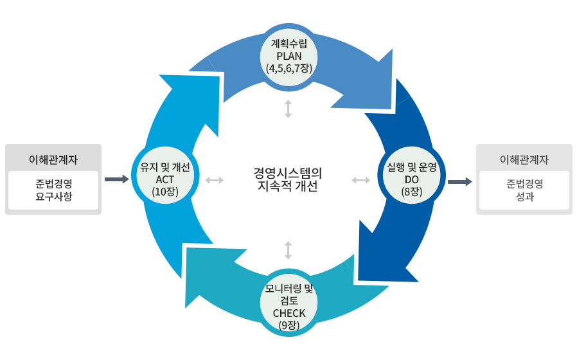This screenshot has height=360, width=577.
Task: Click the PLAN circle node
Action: click(x=288, y=55)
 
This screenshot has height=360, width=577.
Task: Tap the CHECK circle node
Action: click(x=288, y=303)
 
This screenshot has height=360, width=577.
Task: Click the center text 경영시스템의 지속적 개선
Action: click(x=288, y=179)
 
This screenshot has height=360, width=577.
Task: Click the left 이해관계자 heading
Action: click(x=53, y=158)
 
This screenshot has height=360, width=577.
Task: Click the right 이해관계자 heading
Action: click(x=524, y=158)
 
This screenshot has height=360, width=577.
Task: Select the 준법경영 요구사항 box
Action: click(x=53, y=190)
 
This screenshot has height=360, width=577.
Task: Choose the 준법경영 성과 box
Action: click(x=524, y=190)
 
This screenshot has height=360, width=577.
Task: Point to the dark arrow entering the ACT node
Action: click(x=116, y=179)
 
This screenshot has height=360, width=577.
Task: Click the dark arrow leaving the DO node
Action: click(x=459, y=182)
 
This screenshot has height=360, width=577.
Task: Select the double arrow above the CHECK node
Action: click(x=288, y=250)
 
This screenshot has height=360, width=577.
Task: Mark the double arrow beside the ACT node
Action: click(x=214, y=180)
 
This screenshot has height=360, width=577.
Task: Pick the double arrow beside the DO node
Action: click(x=361, y=180)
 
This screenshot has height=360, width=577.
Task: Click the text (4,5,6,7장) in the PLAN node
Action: click(x=288, y=67)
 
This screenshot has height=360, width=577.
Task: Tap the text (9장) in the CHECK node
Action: click(x=288, y=325)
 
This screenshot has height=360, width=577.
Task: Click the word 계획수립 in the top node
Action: click(x=288, y=43)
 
